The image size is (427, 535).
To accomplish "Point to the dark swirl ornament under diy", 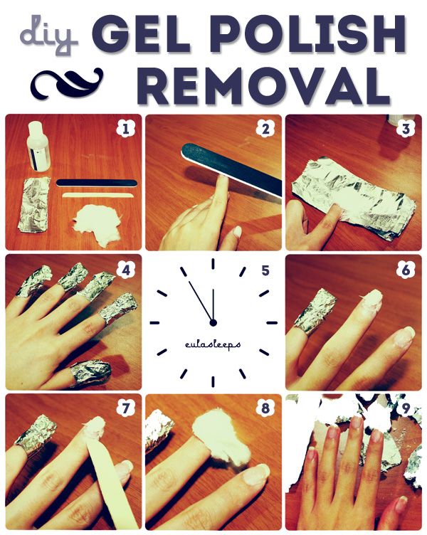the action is (67, 82).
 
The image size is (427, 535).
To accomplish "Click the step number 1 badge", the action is (125, 129).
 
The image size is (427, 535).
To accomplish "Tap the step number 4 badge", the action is (125, 270).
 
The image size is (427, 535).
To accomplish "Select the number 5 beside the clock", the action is (265, 270).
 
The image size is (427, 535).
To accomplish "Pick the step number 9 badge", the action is (406, 408).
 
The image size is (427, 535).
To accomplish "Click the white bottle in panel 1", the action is (38, 146).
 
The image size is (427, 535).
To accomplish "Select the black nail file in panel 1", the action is (97, 183).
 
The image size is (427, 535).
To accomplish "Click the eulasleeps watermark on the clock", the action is (213, 344).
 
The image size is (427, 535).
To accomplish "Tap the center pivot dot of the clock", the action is (213, 322).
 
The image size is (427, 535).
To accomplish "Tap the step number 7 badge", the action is (125, 408).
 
